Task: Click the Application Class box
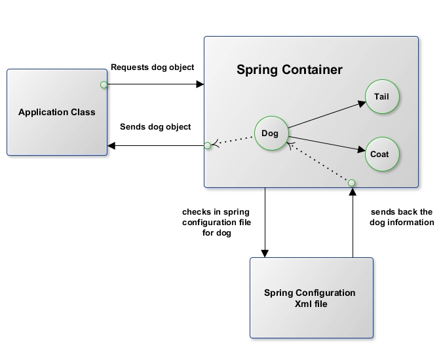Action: coord(56,112)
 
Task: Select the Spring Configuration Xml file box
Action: coord(311,298)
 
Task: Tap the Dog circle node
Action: coord(270,134)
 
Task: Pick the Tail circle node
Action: coord(382,97)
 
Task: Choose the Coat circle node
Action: coord(380,154)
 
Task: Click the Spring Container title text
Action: coord(289,69)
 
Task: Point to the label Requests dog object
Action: coord(152,67)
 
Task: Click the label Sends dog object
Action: coord(155,127)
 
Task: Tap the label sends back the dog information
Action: coord(402,217)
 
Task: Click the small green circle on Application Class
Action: coord(104,84)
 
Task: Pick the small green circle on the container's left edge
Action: coord(207,145)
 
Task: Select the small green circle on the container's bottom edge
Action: coord(351,182)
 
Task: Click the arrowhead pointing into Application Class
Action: coord(113,145)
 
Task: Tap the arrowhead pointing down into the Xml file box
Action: coord(265,253)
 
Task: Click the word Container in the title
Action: coord(313,69)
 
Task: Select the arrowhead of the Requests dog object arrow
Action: coord(200,84)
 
